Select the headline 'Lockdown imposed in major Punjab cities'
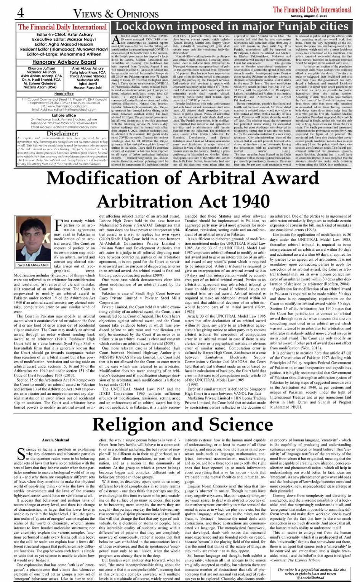pyautogui.click(x=232, y=27)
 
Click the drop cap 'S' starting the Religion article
pyautogui.click(x=21, y=454)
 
